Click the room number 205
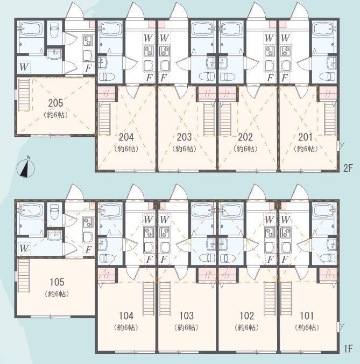55,103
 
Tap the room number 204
126,137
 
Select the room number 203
185,137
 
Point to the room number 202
245,137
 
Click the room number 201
306,137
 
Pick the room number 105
57,282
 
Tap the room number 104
126,316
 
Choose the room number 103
187,316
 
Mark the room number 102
247,316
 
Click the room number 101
307,316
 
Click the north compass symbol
26,167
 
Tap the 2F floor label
348,168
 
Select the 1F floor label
348,349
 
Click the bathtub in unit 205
31,29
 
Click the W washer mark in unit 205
24,67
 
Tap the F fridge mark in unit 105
88,250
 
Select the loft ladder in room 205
24,95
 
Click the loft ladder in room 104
149,298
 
